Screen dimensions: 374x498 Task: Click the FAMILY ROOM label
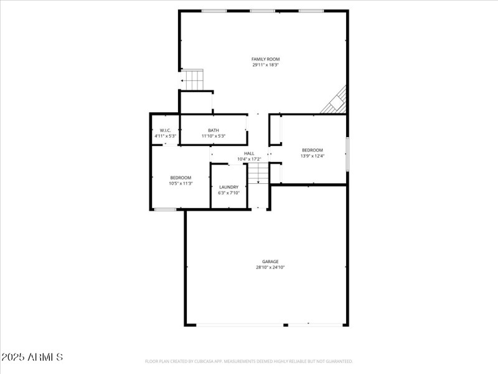[265, 59]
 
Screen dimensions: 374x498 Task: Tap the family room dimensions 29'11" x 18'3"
[265, 65]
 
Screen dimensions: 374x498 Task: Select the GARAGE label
[270, 261]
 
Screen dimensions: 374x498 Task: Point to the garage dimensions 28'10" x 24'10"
[270, 267]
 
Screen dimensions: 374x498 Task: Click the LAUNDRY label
[228, 187]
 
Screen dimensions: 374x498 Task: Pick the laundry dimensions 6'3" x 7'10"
[228, 193]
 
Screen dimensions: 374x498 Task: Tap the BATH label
[214, 130]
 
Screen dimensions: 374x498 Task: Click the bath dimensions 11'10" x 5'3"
[214, 136]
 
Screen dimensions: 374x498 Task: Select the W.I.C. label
[165, 130]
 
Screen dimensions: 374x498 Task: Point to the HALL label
[249, 153]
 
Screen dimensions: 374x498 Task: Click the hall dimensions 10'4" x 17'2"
[249, 159]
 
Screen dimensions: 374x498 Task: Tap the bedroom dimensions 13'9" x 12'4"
[312, 155]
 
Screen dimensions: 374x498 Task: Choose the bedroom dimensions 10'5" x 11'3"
[181, 183]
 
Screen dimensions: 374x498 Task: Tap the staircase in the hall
[258, 172]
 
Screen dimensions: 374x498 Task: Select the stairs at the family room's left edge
[194, 80]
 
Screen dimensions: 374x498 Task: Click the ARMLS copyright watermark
[32, 357]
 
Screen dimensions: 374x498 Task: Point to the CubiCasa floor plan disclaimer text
[249, 361]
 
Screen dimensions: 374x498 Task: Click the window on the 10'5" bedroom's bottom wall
[166, 209]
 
